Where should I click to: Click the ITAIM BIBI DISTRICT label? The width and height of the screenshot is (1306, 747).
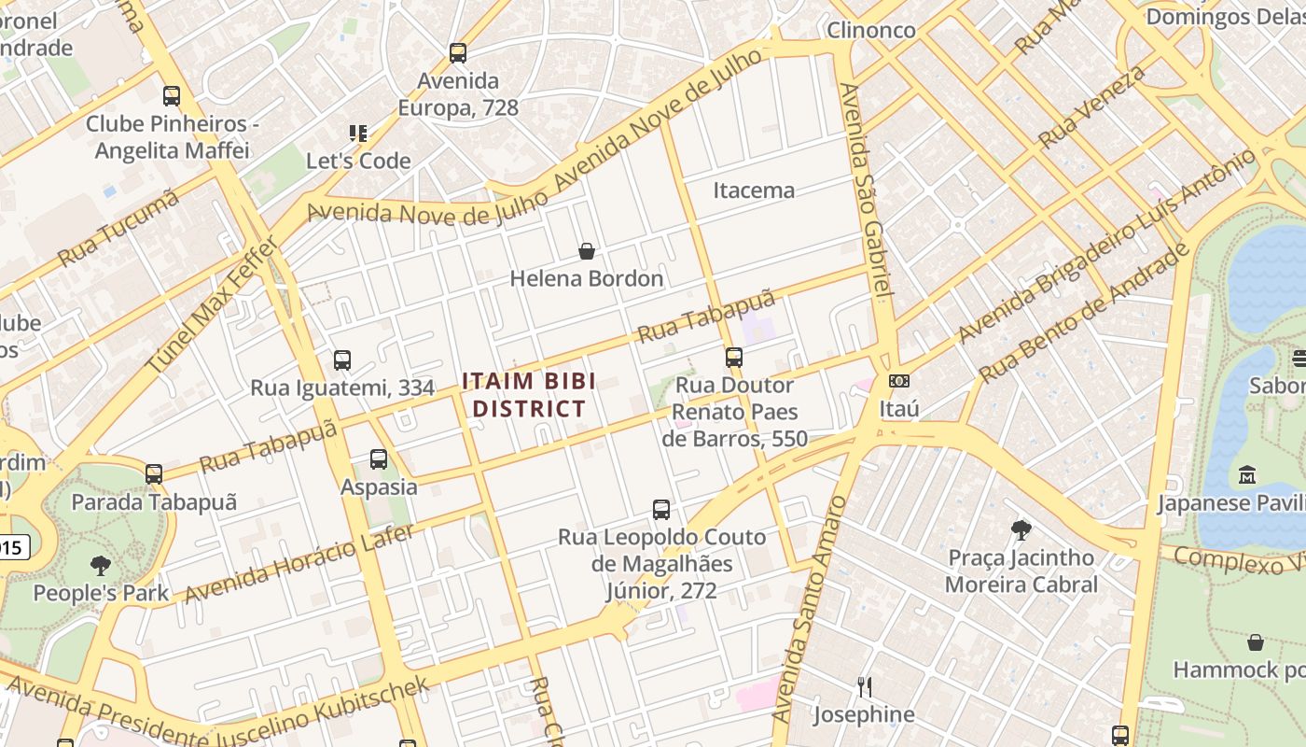point(528,395)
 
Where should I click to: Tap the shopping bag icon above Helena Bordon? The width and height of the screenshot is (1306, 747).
point(587,251)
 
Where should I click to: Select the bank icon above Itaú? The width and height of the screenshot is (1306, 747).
point(899,381)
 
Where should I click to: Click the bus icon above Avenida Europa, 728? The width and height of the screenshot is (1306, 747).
point(457,53)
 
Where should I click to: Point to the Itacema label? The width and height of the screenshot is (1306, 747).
point(754,190)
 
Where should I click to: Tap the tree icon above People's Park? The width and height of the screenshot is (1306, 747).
point(101,565)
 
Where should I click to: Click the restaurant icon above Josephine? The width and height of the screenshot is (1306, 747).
point(865,687)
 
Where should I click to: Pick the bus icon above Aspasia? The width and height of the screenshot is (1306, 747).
point(379,459)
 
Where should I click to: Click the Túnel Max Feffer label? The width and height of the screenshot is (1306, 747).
point(213,305)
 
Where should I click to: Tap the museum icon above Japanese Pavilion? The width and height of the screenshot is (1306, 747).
point(1247,475)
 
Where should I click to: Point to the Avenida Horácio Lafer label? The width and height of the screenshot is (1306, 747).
point(299,563)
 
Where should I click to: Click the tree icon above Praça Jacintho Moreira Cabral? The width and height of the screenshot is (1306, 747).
point(1021,530)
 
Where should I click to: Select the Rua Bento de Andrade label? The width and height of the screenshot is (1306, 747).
point(1085,313)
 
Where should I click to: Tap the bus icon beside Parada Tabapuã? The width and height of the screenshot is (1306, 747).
point(154,474)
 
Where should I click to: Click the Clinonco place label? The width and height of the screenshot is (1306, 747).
point(871,30)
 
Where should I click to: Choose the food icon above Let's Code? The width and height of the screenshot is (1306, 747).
point(358,134)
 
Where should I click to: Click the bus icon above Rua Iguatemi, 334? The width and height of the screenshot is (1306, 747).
point(342,360)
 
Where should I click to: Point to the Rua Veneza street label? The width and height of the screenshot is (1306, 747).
point(1091,107)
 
